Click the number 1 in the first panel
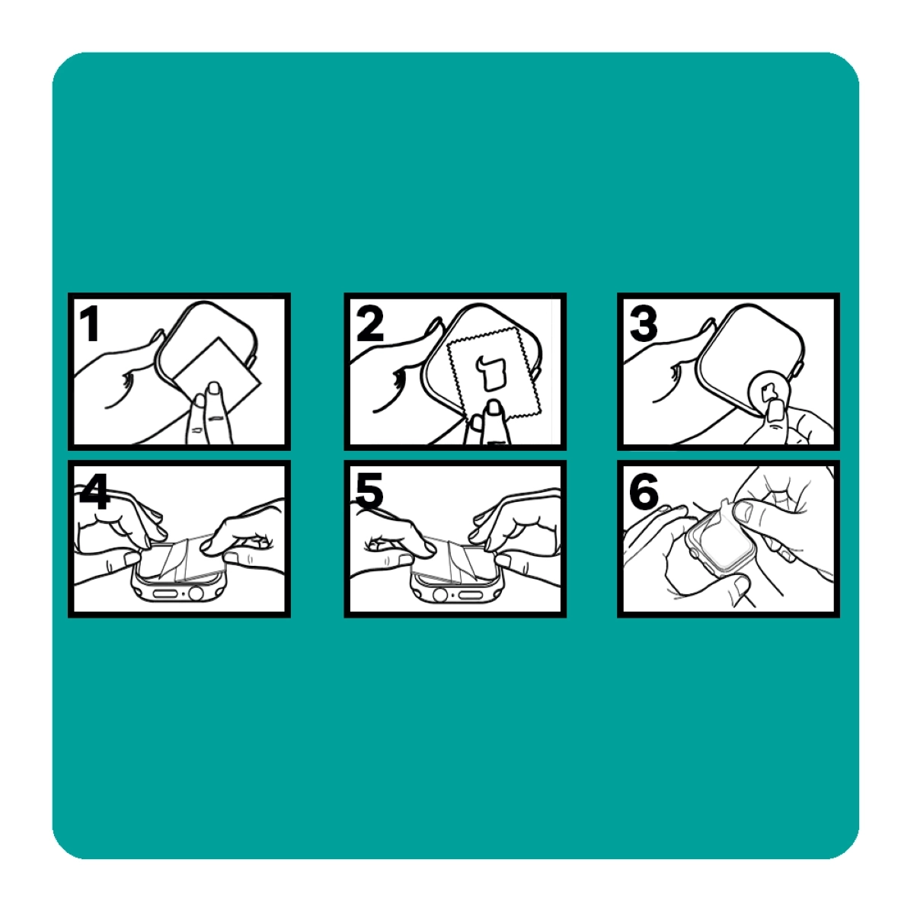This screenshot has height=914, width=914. point(90,324)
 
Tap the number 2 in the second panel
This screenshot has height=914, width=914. point(369,324)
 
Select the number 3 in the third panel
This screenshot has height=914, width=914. point(643,324)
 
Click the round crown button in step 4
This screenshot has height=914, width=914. point(196,593)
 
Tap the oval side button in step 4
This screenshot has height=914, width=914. point(164,593)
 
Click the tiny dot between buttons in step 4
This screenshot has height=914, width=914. point(183,593)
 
